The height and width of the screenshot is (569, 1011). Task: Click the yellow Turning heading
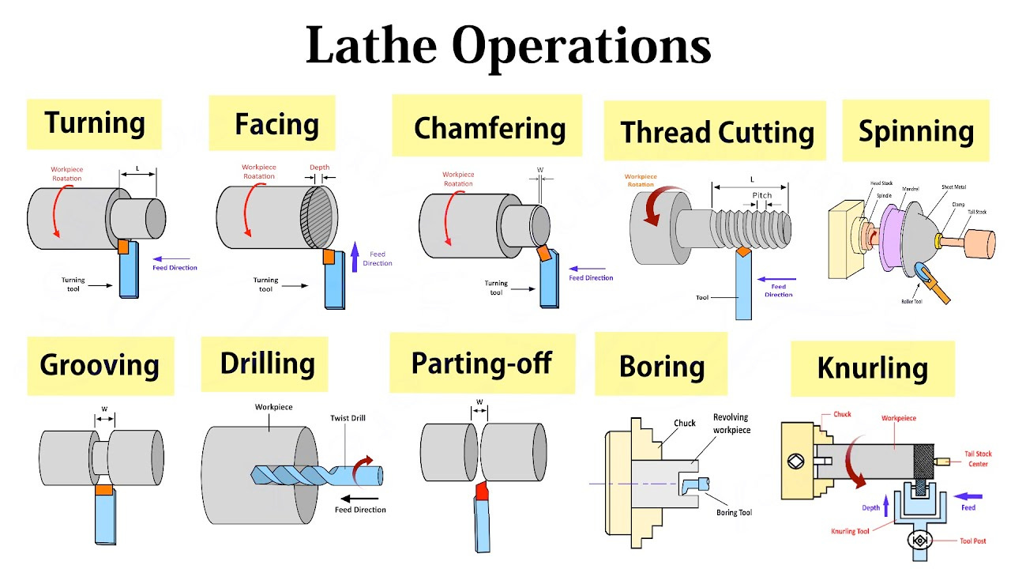(94, 123)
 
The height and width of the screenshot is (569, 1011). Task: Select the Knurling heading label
(872, 368)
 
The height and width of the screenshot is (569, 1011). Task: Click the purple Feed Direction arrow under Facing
(355, 257)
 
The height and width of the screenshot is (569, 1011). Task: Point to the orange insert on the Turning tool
(122, 247)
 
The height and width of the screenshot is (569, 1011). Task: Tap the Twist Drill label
(348, 418)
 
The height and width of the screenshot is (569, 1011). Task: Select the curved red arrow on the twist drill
(365, 465)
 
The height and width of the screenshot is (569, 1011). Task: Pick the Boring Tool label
(734, 513)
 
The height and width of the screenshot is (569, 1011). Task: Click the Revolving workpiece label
(731, 424)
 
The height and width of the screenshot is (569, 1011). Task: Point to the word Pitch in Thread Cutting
(762, 195)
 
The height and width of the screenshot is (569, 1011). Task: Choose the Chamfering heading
(490, 128)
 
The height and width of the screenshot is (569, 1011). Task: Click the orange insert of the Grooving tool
(103, 491)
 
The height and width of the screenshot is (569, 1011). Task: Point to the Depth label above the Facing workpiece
(319, 168)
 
